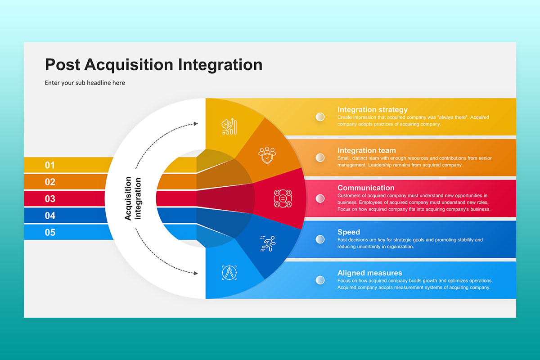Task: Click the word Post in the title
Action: [63, 65]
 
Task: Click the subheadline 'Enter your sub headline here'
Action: [85, 83]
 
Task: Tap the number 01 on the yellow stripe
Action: [50, 165]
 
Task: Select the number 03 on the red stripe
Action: [50, 199]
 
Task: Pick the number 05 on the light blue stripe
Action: [50, 233]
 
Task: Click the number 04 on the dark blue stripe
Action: [50, 216]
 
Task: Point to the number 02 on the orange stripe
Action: [50, 182]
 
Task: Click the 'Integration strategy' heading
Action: [373, 110]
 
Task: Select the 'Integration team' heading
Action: [367, 150]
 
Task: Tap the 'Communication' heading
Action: [366, 188]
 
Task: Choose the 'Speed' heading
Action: [349, 232]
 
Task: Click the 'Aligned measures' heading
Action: [370, 273]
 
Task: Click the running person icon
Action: [268, 243]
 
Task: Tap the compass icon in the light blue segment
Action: [229, 273]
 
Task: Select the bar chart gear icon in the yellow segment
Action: [229, 126]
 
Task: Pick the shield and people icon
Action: [267, 155]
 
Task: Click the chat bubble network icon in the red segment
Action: [283, 198]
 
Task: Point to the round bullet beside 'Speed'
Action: [320, 239]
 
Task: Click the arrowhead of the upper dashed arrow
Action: [196, 124]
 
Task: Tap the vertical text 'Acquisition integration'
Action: [133, 198]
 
